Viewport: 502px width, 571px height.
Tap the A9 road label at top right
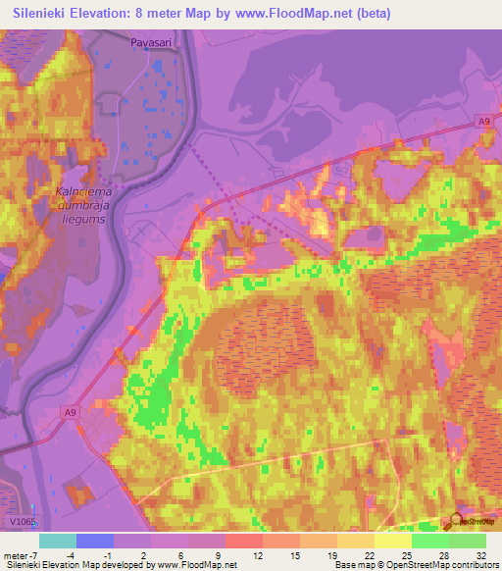click(x=483, y=121)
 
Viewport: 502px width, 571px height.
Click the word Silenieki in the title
click(x=43, y=14)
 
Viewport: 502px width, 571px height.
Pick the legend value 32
click(x=480, y=554)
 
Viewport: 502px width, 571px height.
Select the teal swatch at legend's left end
click(x=57, y=541)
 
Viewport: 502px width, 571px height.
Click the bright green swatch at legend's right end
click(x=468, y=541)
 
